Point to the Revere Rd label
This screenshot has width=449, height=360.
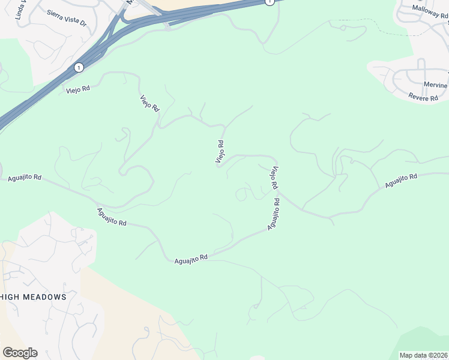click(423, 97)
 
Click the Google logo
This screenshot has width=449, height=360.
click(20, 353)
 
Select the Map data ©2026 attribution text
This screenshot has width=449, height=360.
click(424, 355)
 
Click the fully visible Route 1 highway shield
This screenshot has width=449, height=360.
click(79, 67)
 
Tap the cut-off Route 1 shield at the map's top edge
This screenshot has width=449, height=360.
click(270, 2)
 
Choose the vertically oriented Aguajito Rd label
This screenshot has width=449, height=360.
click(274, 214)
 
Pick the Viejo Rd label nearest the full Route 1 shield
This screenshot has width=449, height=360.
click(78, 89)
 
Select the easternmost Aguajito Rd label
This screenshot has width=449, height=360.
click(401, 181)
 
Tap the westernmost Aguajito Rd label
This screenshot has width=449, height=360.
click(25, 178)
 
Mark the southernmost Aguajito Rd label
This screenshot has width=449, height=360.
click(191, 259)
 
